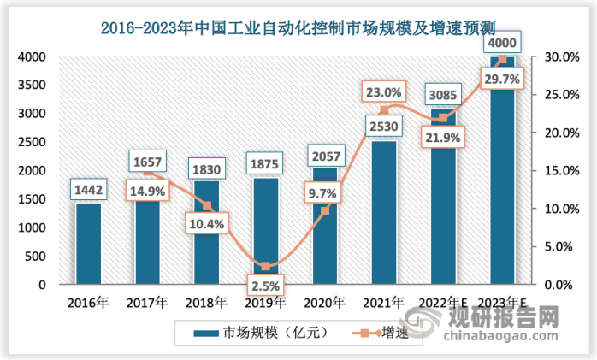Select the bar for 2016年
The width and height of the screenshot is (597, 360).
pyautogui.click(x=88, y=244)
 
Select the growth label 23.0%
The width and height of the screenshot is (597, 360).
pyautogui.click(x=384, y=91)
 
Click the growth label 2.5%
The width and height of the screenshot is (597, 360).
pyautogui.click(x=266, y=283)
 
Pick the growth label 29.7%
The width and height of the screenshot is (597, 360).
pyautogui.click(x=502, y=79)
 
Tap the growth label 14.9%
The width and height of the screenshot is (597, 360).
pyautogui.click(x=146, y=191)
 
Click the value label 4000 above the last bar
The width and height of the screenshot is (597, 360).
pyautogui.click(x=502, y=43)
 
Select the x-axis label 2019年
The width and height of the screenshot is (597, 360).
pyautogui.click(x=265, y=303)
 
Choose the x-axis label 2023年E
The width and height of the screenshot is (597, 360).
pyautogui.click(x=502, y=303)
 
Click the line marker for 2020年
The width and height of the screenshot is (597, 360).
pyautogui.click(x=325, y=211)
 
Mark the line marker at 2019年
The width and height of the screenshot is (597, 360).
pyautogui.click(x=266, y=266)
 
